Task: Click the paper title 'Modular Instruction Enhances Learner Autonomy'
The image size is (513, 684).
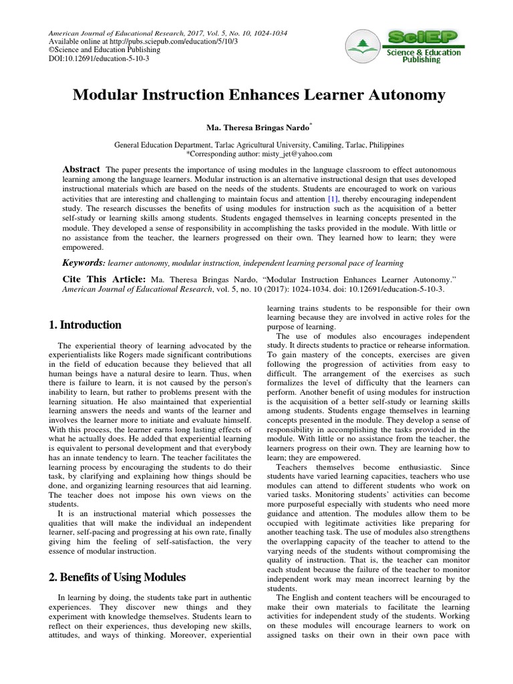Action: [x=259, y=96]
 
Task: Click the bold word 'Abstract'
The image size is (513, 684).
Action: [x=81, y=170]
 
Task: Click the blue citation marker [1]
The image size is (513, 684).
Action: [x=333, y=199]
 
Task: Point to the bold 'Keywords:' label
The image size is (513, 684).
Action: [x=83, y=263]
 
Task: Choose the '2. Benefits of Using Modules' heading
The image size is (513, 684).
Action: [x=117, y=577]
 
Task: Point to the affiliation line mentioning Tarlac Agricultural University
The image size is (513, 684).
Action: [x=259, y=144]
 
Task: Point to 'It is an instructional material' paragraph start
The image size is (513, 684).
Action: [x=115, y=513]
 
